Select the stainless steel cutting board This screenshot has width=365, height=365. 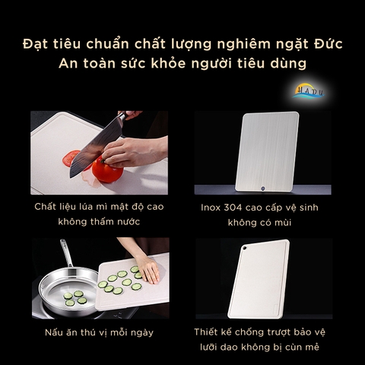pos(266,152)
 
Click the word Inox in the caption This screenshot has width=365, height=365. pos(212,207)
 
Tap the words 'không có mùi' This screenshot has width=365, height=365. pos(259,224)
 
